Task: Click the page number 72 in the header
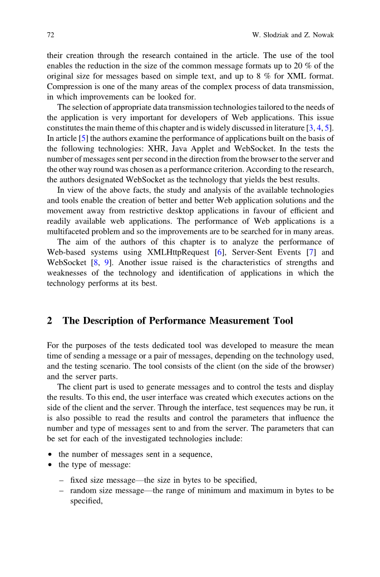(50, 36)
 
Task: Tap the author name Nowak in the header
(320, 36)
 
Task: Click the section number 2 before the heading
(50, 321)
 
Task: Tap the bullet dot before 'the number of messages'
(50, 454)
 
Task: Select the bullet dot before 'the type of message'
(50, 464)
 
